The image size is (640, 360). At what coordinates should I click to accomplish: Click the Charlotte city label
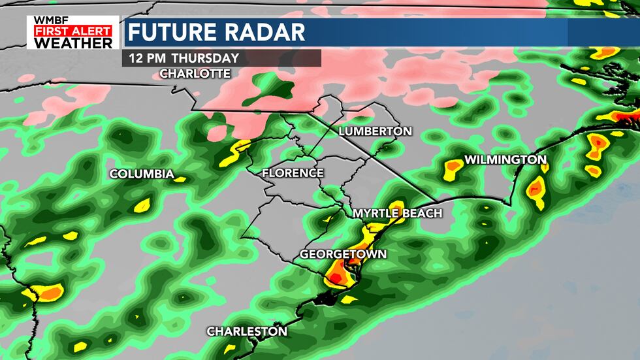click(195, 73)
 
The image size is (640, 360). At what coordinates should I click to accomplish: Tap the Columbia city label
click(142, 174)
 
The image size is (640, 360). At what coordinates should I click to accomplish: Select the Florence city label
click(293, 173)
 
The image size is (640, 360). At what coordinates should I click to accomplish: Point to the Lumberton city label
click(375, 131)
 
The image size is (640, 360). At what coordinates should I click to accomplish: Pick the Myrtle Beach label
click(397, 214)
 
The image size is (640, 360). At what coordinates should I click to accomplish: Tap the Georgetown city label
click(343, 254)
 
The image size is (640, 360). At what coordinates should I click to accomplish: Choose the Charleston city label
click(247, 331)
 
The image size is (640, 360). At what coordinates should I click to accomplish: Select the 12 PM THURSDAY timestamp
click(184, 57)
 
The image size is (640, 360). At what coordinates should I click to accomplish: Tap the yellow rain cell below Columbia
click(142, 206)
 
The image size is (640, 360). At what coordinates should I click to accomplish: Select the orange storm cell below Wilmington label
click(536, 189)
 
